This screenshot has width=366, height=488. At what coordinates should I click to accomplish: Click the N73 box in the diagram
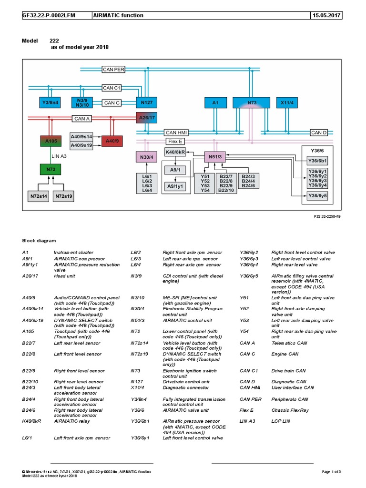click(x=252, y=102)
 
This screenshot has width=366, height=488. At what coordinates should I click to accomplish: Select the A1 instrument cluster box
click(x=215, y=102)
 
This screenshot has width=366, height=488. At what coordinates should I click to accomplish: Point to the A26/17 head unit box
click(x=146, y=118)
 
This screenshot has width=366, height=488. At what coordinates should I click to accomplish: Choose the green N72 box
click(x=50, y=169)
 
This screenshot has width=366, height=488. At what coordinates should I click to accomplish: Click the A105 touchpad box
click(x=50, y=141)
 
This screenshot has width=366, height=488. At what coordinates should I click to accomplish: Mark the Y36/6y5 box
click(x=318, y=195)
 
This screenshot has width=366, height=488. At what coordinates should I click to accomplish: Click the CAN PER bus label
click(x=113, y=70)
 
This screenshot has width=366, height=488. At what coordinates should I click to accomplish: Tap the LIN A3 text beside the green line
click(x=60, y=156)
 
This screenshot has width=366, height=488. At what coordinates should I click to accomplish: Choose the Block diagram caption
click(x=39, y=241)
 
